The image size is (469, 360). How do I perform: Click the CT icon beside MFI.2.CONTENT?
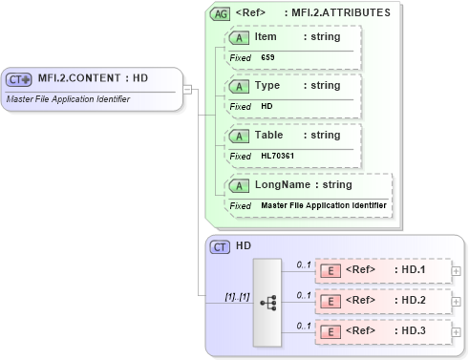(x=20, y=79)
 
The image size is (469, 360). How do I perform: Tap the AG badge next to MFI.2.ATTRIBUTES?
(x=220, y=13)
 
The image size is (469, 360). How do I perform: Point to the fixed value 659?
(x=267, y=58)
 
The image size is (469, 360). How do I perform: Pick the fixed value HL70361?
(x=278, y=156)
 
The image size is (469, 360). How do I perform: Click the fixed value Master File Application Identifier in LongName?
(x=324, y=205)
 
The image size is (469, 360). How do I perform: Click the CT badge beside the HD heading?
(x=220, y=247)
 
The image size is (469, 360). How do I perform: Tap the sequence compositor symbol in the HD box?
(x=268, y=302)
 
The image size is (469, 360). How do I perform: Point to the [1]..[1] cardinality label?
(x=237, y=297)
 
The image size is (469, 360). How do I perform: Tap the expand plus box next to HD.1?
(x=455, y=271)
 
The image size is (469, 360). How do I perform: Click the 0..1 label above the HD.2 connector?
(x=304, y=295)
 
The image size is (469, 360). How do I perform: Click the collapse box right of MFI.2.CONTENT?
(x=187, y=90)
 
